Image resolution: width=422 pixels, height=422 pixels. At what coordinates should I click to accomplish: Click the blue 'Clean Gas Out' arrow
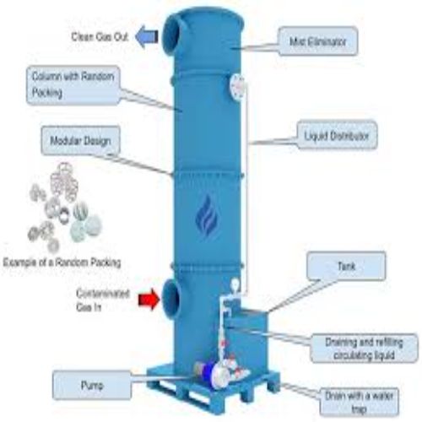click(146, 35)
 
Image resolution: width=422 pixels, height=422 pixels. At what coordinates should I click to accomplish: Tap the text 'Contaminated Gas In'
click(100, 298)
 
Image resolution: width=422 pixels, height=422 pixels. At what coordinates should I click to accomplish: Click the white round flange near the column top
click(237, 84)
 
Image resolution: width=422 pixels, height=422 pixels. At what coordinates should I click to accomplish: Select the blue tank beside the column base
click(250, 338)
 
